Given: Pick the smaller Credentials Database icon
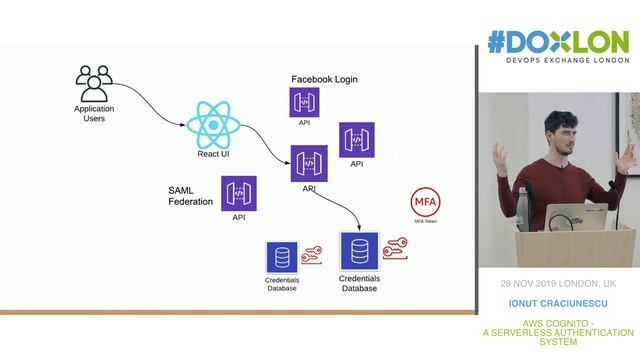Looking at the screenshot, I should click(281, 258).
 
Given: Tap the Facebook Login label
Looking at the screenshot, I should click(324, 79).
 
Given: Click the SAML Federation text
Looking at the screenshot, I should click(191, 195).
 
